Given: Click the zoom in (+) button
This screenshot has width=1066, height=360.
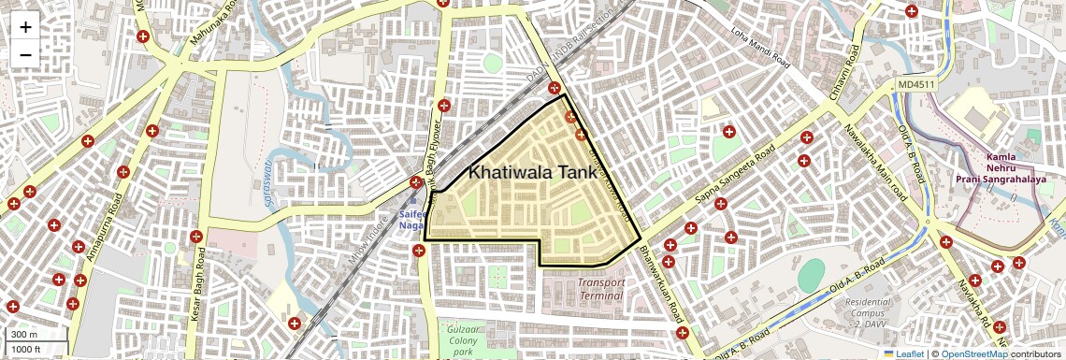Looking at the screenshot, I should click(x=25, y=27).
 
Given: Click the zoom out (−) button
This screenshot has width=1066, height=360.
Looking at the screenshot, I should click(x=25, y=55).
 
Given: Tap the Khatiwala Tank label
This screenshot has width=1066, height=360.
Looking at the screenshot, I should click(x=532, y=172).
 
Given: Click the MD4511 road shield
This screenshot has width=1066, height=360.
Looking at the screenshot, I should click(x=915, y=85).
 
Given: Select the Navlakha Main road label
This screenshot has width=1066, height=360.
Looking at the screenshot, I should click(x=875, y=164).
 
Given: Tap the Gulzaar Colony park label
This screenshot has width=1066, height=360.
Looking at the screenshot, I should click(x=463, y=340).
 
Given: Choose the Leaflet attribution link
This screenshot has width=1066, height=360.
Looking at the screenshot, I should click(x=904, y=353).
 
